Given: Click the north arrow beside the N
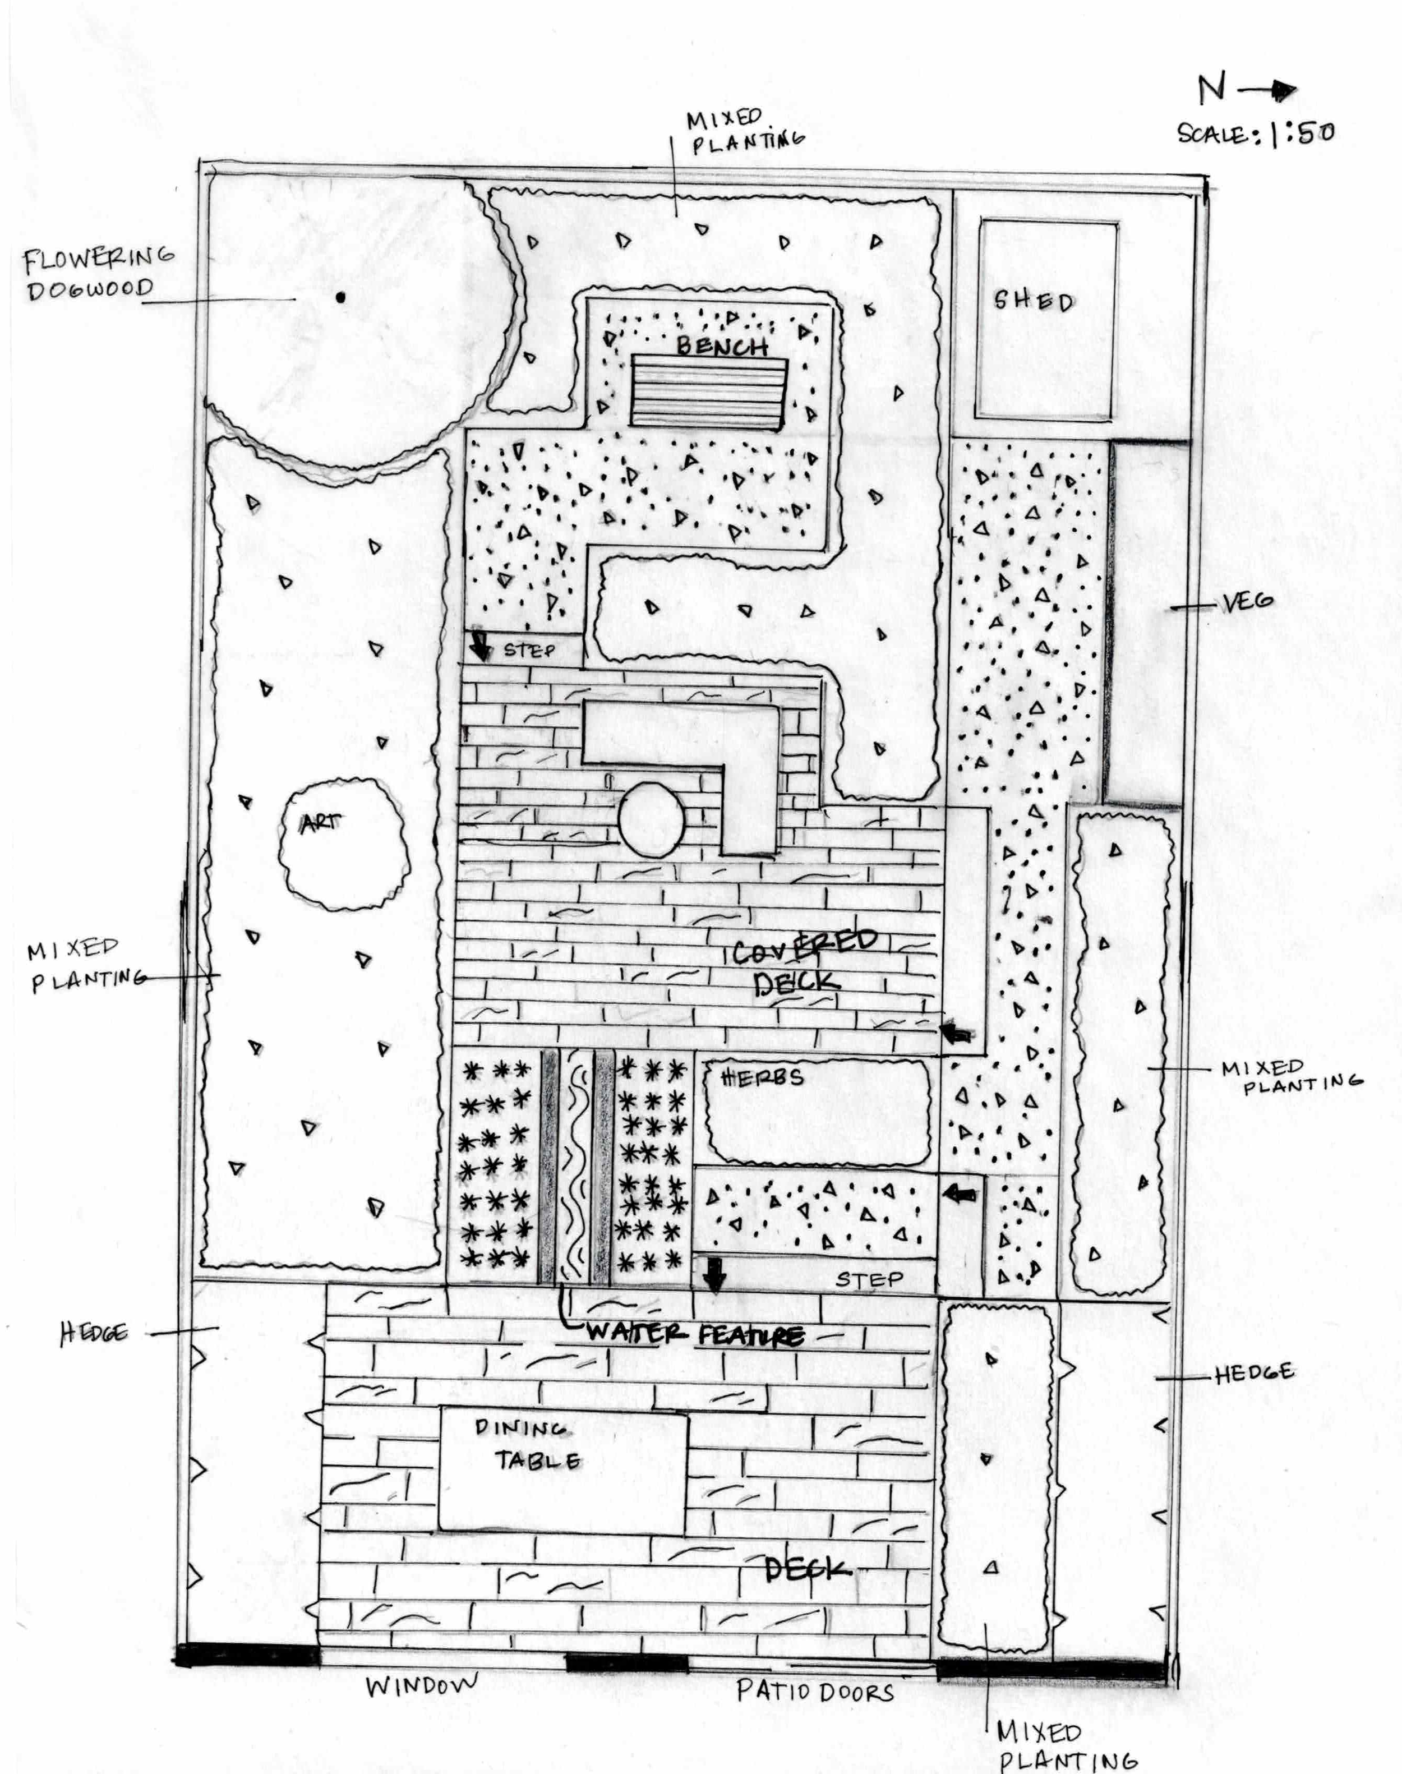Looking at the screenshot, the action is pos(1268,91).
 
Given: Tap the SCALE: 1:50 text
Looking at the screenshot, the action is pos(1255,133).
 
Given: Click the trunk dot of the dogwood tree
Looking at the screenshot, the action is pos(340,297).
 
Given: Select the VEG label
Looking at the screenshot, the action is pos(1247,602).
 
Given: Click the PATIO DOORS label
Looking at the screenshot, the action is pos(814,1691).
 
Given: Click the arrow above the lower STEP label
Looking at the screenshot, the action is pos(714,1275).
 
